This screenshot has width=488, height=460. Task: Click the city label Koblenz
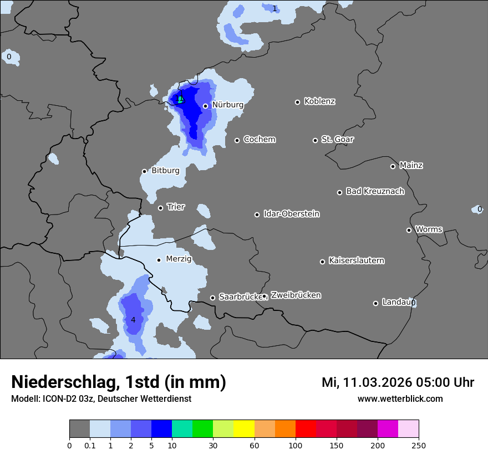319,101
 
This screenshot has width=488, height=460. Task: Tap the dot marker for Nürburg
205,106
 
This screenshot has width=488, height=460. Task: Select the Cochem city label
259,139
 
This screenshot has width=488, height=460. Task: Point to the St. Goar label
337,139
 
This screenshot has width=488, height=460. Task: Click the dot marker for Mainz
393,166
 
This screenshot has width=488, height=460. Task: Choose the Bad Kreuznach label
375,191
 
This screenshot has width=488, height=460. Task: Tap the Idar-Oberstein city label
291,213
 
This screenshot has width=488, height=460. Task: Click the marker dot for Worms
409,230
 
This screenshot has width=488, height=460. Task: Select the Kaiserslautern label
356,260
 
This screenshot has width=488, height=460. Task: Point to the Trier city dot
160,208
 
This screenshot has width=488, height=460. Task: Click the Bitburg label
165,171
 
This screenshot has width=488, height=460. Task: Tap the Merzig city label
179,259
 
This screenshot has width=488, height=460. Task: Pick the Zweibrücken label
296,295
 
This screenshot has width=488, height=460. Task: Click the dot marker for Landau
375,303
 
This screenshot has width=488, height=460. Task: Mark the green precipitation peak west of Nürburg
180,100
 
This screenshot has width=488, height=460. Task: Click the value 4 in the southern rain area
133,320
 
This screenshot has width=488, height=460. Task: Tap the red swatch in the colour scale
306,429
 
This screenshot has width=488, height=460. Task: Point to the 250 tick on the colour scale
419,445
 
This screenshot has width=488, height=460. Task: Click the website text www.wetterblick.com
400,398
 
